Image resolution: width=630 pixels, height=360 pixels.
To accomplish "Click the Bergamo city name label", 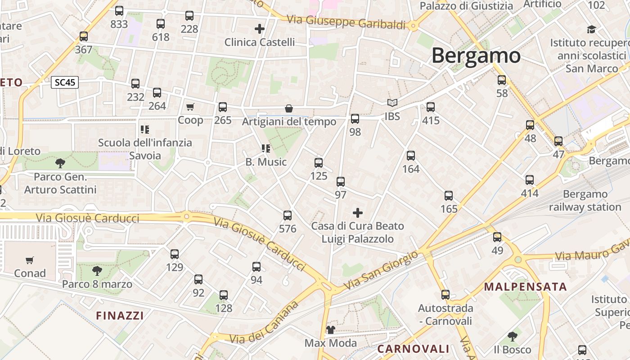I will coord(476,56).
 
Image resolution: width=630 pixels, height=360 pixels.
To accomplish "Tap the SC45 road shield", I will coord(65,82).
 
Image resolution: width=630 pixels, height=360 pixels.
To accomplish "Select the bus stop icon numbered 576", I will coord(288,216).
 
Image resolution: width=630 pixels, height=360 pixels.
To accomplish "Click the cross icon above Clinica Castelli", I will coord(260,29).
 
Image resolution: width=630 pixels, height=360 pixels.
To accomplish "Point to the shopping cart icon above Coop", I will coord(190,107).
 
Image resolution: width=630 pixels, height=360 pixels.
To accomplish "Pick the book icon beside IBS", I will coord(392,103).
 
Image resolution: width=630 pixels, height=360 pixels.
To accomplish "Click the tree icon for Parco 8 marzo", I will coord(97,270).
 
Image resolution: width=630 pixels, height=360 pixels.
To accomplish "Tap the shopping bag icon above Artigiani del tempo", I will coord(289,108).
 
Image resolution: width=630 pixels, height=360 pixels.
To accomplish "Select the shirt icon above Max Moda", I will coord(331,330).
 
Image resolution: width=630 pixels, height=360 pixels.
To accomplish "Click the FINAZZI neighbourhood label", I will coord(120,315).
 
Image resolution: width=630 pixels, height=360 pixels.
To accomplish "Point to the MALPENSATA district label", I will coord(525,287).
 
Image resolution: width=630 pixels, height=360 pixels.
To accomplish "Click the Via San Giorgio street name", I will coord(381,271).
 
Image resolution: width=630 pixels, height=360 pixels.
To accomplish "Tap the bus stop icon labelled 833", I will coord(119,11).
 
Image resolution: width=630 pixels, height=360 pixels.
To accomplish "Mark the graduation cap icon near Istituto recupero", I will coord(591,30).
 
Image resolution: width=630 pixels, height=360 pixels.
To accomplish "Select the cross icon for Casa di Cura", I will coord(358,212).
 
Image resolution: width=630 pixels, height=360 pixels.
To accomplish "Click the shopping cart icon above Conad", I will coord(30,260).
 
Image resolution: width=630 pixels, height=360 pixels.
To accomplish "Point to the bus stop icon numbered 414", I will coord(530,180).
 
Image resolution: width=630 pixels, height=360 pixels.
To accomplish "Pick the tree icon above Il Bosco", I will coord(512,336).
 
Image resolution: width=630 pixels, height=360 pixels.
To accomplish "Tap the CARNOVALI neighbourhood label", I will coord(413,349).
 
